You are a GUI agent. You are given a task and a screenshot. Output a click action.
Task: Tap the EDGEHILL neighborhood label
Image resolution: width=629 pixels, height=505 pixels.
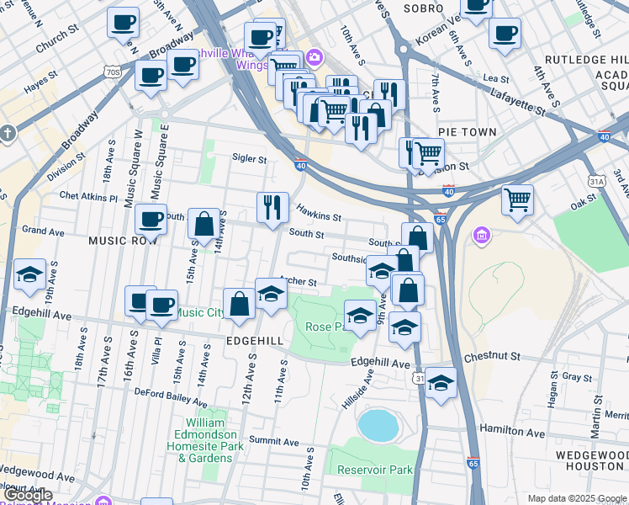coord(255,340)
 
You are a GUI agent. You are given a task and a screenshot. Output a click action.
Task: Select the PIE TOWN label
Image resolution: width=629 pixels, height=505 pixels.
coord(467,132)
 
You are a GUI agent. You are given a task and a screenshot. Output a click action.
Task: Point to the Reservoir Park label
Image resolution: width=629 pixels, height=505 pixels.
coord(374,469)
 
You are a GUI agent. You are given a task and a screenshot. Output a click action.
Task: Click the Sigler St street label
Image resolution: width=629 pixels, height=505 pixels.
coord(249,158)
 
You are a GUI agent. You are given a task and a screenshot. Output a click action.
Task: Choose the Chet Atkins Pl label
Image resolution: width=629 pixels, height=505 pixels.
coord(88,197)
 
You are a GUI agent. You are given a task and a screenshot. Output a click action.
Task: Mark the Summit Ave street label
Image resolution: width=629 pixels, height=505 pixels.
coord(273,441)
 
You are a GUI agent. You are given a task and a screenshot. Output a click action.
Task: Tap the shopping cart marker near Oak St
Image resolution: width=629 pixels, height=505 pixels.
coord(517,199)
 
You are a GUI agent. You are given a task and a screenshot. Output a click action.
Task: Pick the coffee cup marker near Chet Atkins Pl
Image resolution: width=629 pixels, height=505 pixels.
coord(151,219)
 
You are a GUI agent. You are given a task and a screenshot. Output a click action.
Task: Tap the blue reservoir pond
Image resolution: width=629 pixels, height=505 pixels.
coord(378,426)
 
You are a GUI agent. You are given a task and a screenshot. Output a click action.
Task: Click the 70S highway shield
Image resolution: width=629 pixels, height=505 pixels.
coord(114,73)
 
